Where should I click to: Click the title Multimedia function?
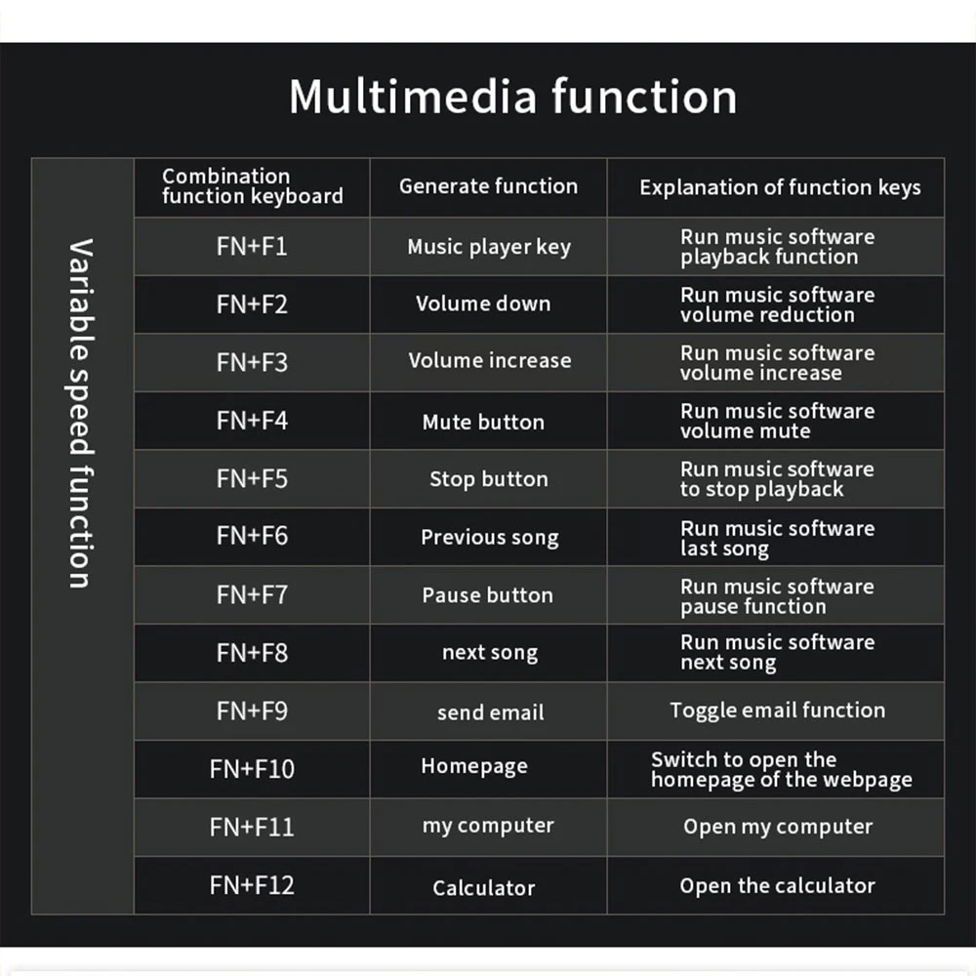[512, 97]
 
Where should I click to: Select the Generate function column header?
[488, 186]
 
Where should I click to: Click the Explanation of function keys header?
[780, 187]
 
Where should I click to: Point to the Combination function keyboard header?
[252, 186]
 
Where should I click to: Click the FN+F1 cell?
[252, 246]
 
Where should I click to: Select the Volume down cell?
[483, 304]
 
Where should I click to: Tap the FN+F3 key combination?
[252, 362]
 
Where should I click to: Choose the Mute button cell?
[483, 422]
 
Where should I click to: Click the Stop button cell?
[488, 479]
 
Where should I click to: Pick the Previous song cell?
[489, 538]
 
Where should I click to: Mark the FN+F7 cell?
[252, 594]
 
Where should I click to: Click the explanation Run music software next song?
[777, 653]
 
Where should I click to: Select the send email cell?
[490, 712]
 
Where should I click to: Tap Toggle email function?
[777, 711]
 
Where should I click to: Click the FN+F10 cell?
[252, 769]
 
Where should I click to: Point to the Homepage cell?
[474, 766]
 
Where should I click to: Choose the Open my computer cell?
[778, 827]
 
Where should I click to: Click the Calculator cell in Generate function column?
[484, 888]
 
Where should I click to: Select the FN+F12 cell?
[252, 885]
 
